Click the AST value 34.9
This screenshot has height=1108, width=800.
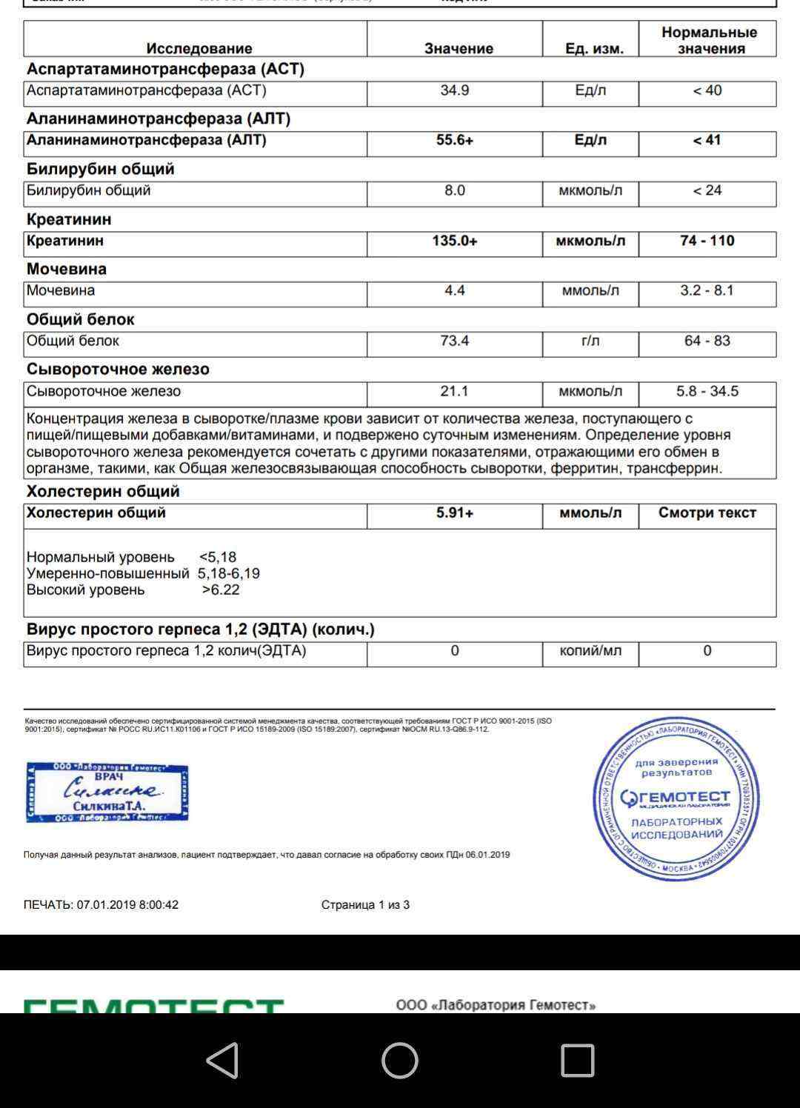(454, 90)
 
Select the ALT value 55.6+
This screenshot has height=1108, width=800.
(454, 140)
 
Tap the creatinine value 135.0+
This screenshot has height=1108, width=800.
(454, 241)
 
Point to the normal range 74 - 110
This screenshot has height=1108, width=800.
(707, 241)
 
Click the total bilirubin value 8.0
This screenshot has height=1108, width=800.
(454, 190)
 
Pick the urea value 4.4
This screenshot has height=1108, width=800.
(454, 290)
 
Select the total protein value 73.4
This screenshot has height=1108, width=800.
(454, 341)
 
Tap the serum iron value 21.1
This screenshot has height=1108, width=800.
(454, 391)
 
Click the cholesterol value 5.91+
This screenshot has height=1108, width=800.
(454, 513)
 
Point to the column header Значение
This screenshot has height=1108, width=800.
(459, 48)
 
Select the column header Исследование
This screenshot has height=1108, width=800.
(199, 48)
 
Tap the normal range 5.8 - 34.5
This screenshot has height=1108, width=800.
(707, 391)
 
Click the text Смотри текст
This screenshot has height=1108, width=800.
(707, 513)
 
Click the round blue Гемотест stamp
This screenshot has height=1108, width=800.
(676, 798)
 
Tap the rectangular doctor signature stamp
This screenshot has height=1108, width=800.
(107, 792)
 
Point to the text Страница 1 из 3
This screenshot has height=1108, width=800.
(365, 904)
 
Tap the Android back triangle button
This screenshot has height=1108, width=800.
(222, 1060)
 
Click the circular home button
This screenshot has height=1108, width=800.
(400, 1060)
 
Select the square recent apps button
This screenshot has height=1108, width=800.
(578, 1060)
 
